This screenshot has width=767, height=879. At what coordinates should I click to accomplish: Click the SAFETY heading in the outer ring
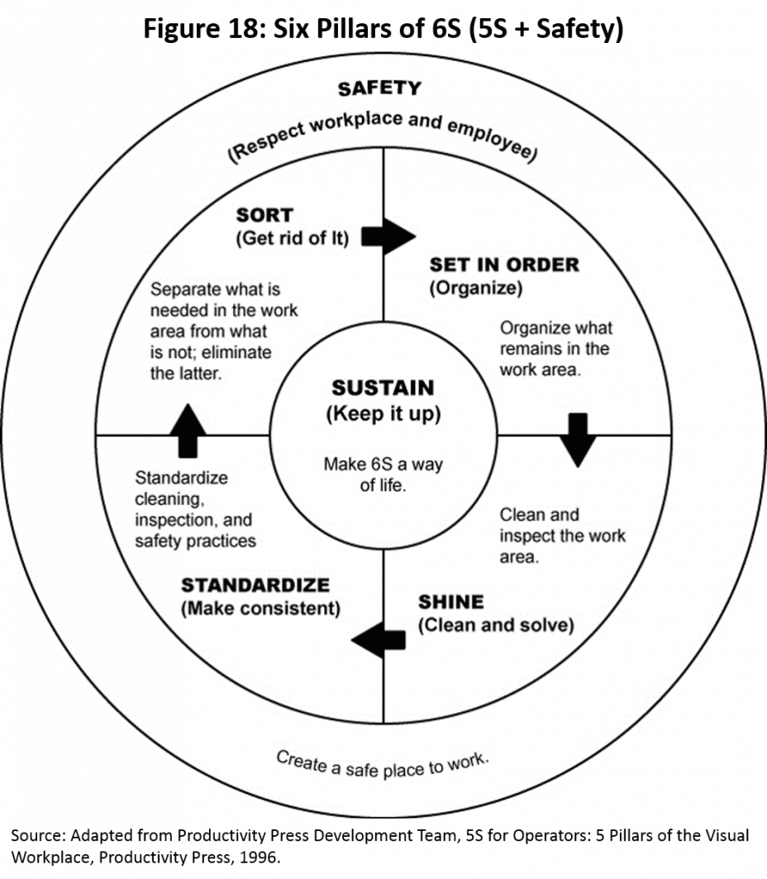379,88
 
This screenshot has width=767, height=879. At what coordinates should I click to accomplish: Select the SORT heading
264,215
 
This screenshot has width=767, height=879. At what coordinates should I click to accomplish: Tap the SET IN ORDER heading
504,265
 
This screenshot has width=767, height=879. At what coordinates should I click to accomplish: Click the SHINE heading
451,601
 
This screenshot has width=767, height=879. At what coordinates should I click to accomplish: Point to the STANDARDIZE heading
255,585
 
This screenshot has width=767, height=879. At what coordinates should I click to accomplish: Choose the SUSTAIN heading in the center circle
383,387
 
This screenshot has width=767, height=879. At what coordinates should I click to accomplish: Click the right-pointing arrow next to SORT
388,236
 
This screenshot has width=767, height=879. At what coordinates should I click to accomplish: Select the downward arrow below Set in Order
578,440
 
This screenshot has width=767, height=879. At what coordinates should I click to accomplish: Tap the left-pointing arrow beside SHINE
379,640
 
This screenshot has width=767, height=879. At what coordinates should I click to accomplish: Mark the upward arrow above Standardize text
188,431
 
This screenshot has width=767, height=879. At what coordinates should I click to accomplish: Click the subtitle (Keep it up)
383,413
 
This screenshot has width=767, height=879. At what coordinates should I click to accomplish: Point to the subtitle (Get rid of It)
292,238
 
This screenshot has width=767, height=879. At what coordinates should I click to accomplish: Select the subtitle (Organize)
476,288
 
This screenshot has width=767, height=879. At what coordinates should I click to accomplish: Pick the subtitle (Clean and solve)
496,625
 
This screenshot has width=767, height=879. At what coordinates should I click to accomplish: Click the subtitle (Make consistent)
260,609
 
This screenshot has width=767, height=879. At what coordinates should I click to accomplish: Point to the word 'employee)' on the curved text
493,140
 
